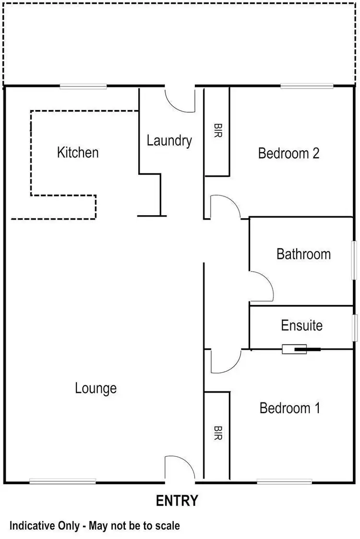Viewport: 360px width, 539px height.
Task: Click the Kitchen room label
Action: coord(78,153)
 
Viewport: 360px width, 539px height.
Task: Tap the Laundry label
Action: coord(169,141)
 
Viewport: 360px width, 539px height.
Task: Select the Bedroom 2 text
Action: coord(288,153)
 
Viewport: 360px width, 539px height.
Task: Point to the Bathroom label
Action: coord(303,254)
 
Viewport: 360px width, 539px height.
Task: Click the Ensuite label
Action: coord(301,325)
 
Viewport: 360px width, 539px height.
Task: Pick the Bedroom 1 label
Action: coord(289,408)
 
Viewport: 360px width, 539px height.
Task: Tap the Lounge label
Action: coord(96,388)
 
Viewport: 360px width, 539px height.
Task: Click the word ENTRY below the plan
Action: coord(177,501)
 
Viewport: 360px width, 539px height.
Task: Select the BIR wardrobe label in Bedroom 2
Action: coord(216,132)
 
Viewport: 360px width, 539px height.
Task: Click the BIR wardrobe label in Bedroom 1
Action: coord(216,433)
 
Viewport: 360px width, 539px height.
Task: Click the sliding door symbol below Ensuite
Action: coord(294,349)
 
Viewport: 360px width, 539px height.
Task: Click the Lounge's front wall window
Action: coord(62,481)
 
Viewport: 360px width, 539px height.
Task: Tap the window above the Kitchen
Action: coord(83,86)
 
